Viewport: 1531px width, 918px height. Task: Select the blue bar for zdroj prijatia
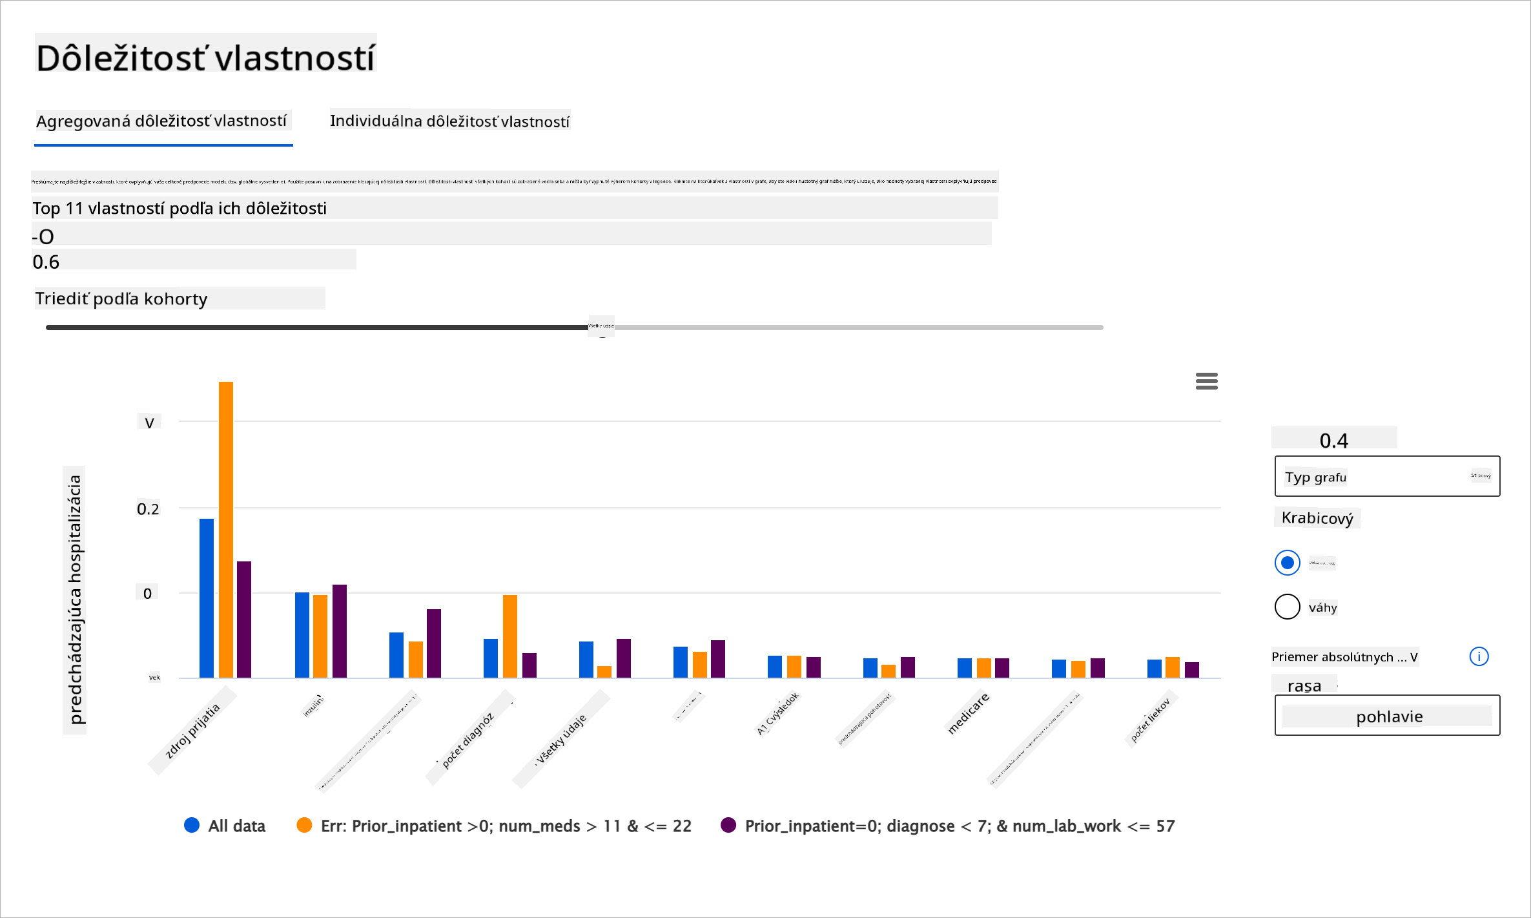point(207,598)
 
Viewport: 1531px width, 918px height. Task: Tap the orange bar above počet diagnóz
point(510,636)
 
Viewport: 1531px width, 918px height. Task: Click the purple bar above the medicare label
point(1002,667)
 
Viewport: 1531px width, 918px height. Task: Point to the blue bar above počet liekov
point(1155,668)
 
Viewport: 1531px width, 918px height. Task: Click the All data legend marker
point(192,825)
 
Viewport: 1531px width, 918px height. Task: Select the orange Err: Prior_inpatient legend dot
point(304,825)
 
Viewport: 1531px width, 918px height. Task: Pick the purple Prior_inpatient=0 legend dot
point(728,825)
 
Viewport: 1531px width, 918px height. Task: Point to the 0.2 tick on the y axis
point(148,509)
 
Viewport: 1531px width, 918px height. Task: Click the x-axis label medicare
point(968,713)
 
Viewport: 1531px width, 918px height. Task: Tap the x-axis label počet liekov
point(1150,720)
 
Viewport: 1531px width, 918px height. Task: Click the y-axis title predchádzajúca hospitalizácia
point(75,599)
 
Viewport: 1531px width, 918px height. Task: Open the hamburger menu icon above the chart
point(1206,381)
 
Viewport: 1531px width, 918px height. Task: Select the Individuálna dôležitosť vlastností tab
point(449,121)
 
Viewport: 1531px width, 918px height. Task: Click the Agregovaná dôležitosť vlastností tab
point(161,121)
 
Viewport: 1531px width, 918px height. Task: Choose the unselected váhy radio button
point(1287,607)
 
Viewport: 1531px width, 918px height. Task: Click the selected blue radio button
point(1287,563)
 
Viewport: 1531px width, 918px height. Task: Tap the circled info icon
point(1479,656)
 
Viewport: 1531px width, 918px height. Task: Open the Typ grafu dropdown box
point(1387,477)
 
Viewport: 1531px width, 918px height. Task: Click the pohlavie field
point(1387,716)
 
